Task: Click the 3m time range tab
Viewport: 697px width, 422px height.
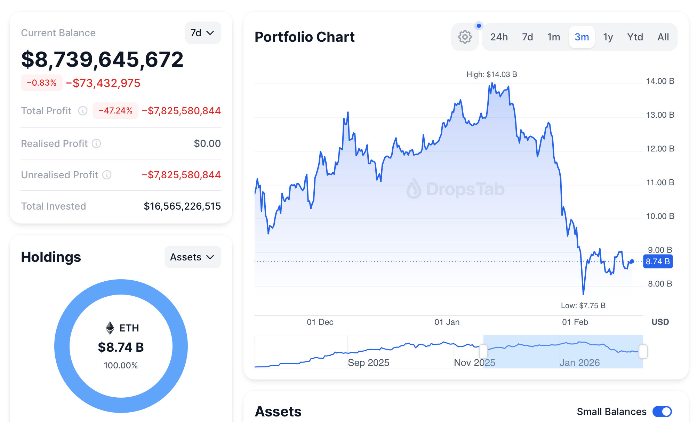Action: (x=582, y=37)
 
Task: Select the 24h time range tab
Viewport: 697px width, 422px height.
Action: (x=499, y=37)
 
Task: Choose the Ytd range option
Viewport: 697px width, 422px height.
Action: (x=635, y=37)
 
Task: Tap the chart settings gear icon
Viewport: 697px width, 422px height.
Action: (x=465, y=37)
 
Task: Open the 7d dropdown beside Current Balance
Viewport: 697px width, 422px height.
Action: (x=202, y=33)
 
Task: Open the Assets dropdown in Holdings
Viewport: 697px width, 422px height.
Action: (x=192, y=257)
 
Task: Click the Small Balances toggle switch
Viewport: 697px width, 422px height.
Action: (x=662, y=412)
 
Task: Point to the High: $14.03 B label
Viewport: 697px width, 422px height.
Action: (x=491, y=75)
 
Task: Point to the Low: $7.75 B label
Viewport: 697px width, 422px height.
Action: (x=583, y=305)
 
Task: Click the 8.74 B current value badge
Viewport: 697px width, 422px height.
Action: (x=658, y=261)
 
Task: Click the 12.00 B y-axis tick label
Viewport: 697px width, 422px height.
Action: (x=660, y=149)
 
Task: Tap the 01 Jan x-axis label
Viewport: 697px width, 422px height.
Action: (x=447, y=322)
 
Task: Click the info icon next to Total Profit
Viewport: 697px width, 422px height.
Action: (x=83, y=111)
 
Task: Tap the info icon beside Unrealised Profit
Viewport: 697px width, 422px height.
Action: (x=107, y=175)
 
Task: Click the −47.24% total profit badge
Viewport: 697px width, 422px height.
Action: (x=115, y=111)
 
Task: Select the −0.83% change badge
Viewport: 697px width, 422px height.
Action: (x=42, y=83)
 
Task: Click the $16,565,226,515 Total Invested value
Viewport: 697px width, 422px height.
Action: (x=182, y=206)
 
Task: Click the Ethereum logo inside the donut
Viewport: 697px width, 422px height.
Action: (x=110, y=328)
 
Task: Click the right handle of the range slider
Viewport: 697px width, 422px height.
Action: (x=643, y=351)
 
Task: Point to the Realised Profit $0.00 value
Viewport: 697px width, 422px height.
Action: (x=207, y=143)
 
